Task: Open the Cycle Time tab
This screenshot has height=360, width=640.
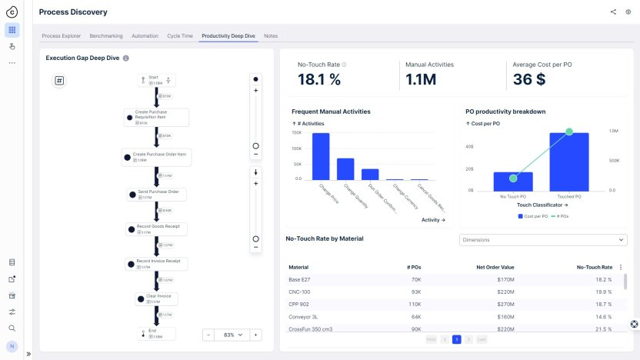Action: [x=180, y=36]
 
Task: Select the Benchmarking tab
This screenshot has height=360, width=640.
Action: [x=105, y=36]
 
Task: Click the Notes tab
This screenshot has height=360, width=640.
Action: [x=271, y=36]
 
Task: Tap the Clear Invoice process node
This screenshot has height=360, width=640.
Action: [x=158, y=298]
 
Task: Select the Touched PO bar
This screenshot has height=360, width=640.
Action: [x=569, y=162]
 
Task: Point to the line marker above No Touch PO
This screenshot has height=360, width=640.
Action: [x=513, y=178]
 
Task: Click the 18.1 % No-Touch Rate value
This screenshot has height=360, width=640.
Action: [x=318, y=79]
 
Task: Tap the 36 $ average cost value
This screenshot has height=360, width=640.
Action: [x=529, y=79]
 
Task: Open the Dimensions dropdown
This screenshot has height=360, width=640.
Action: [x=542, y=240]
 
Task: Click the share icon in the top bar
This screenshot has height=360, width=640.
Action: [x=613, y=12]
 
